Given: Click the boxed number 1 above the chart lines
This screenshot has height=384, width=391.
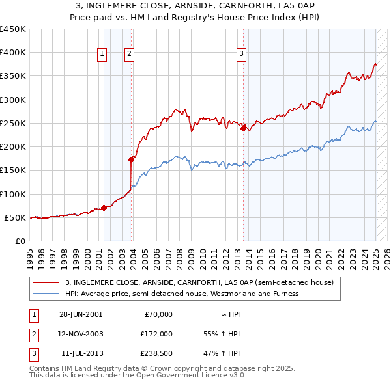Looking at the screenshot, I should [x=103, y=54].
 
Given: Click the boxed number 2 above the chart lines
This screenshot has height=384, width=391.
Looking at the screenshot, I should [x=130, y=54].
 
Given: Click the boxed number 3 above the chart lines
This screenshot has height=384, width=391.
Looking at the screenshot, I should [x=241, y=54].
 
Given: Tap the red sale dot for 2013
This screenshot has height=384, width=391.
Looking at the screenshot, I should [x=243, y=128].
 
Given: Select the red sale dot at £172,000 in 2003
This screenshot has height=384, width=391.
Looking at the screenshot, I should [x=131, y=159].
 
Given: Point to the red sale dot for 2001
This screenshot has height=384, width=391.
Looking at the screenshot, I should [x=104, y=208].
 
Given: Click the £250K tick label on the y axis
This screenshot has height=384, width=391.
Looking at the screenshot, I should [x=12, y=123].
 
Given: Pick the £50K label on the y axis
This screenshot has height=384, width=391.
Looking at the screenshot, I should [x=15, y=217].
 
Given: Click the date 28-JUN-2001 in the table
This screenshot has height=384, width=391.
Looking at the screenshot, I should [x=81, y=314].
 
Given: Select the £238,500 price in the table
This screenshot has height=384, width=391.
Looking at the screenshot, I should [x=157, y=353].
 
